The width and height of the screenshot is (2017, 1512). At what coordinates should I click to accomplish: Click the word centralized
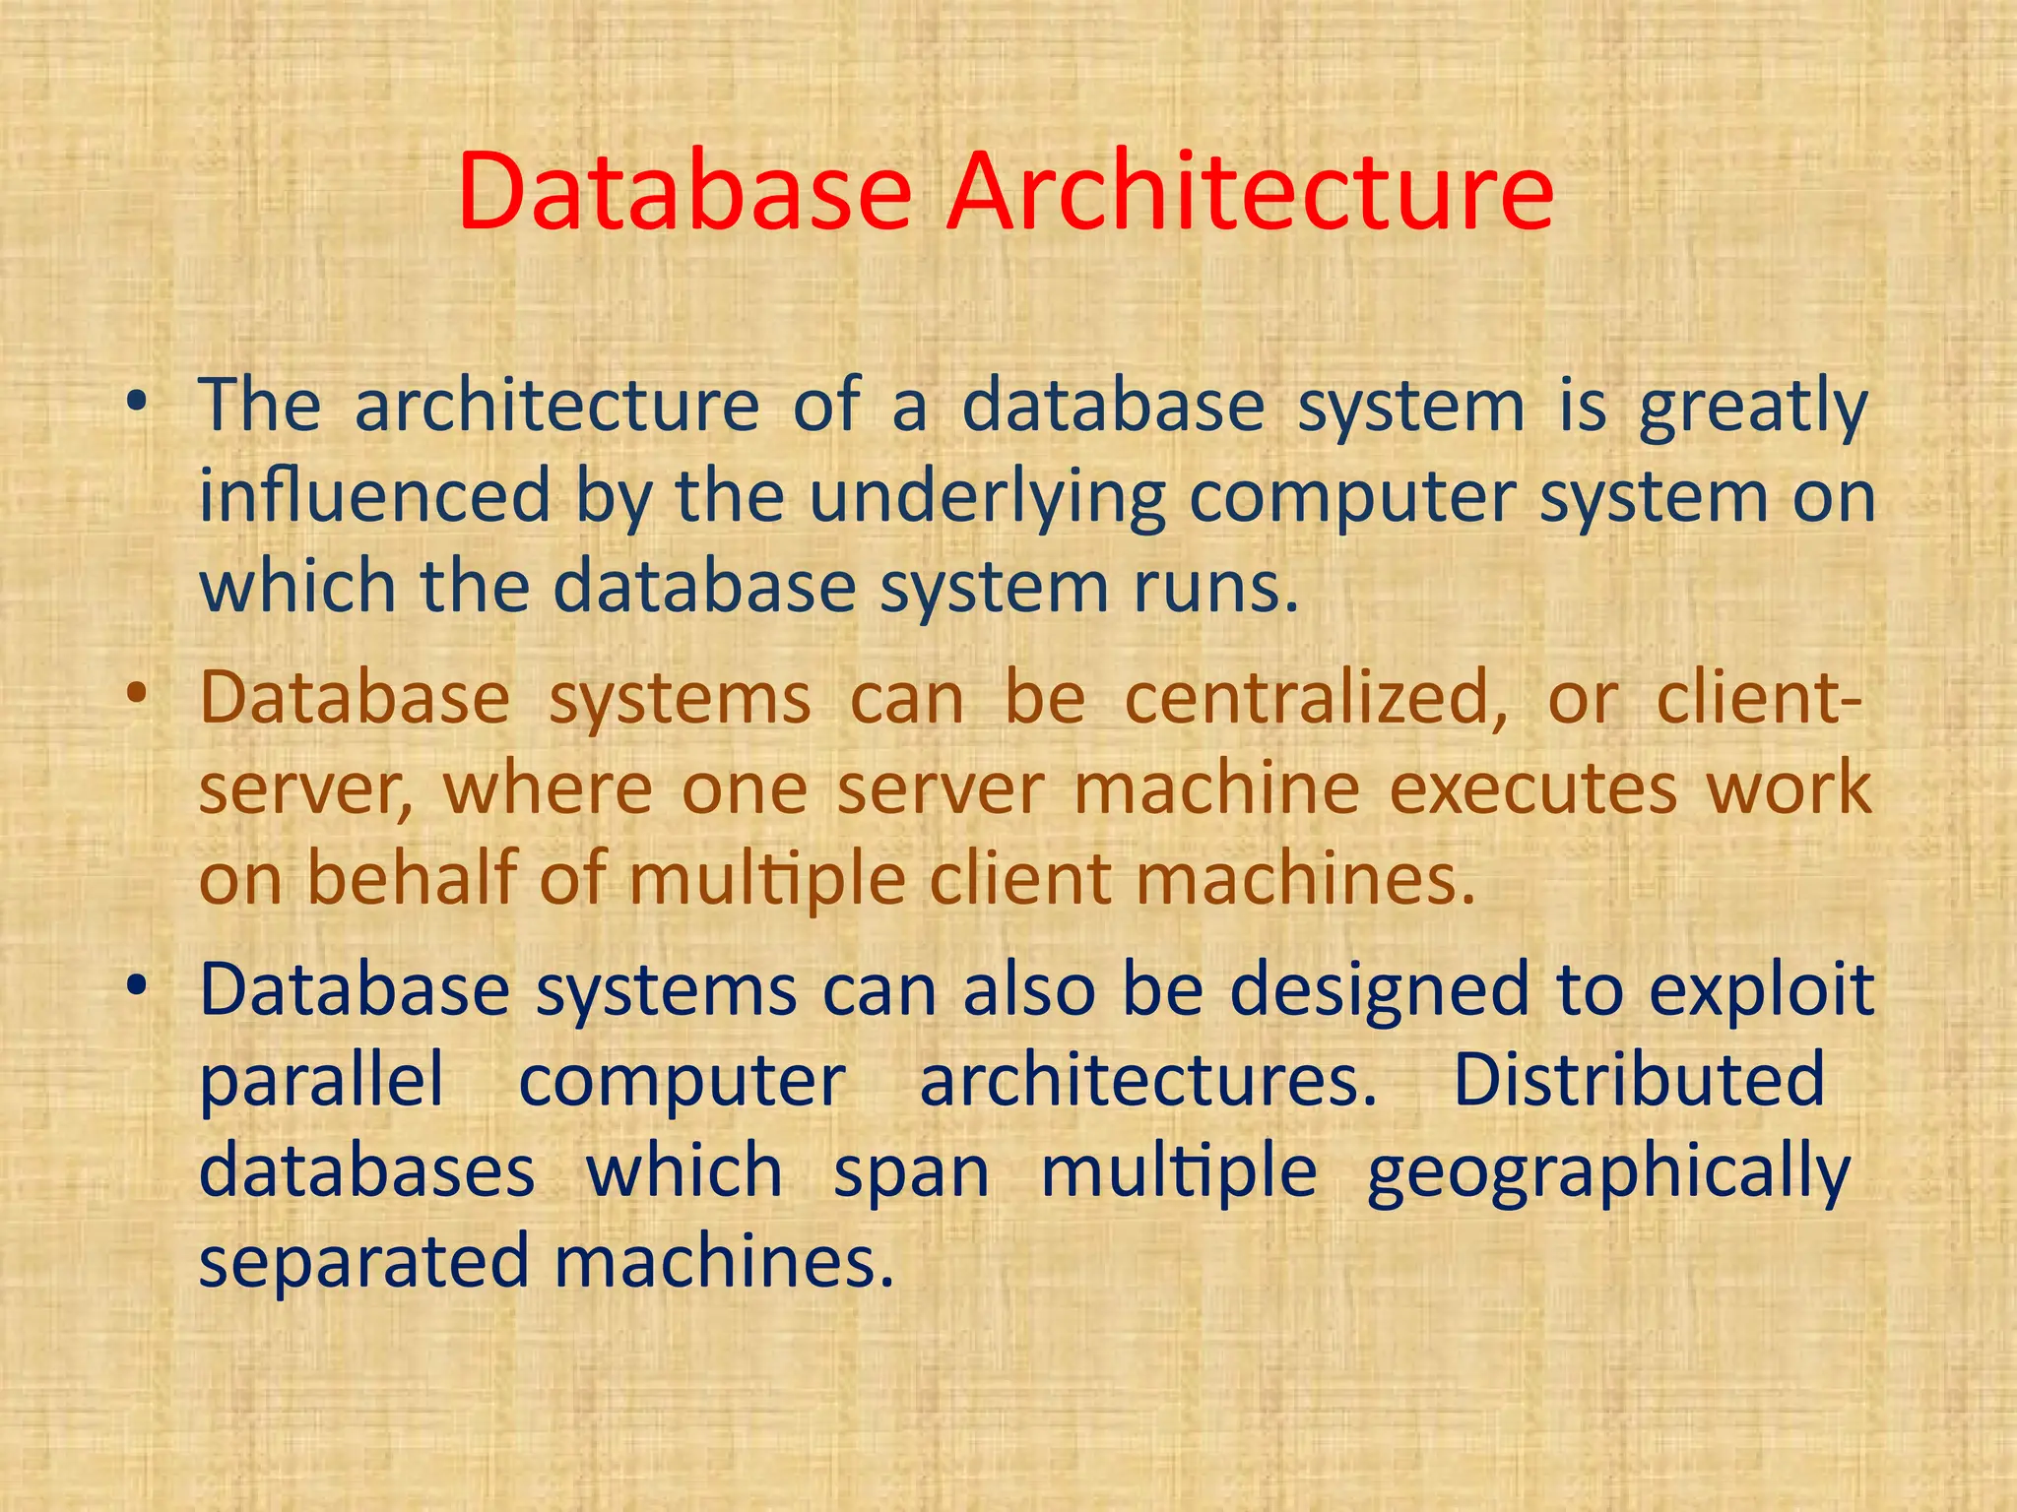click(x=1316, y=699)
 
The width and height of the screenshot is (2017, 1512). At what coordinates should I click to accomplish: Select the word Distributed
click(x=1639, y=1080)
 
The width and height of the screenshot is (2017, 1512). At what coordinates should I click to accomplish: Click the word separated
click(x=364, y=1263)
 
